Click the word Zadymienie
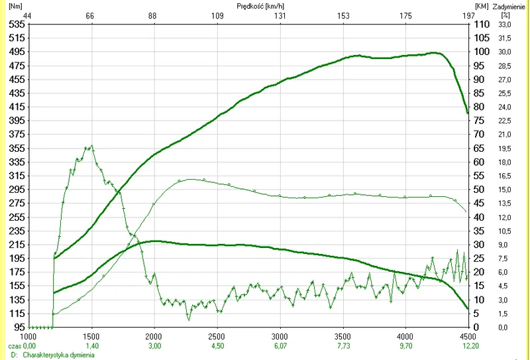point(508,5)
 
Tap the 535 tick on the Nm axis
point(16,24)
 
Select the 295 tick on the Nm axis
point(16,190)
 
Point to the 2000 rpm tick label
point(154,336)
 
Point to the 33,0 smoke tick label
point(505,24)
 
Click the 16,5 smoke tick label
point(505,176)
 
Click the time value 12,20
point(468,345)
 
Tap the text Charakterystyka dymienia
point(59,355)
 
